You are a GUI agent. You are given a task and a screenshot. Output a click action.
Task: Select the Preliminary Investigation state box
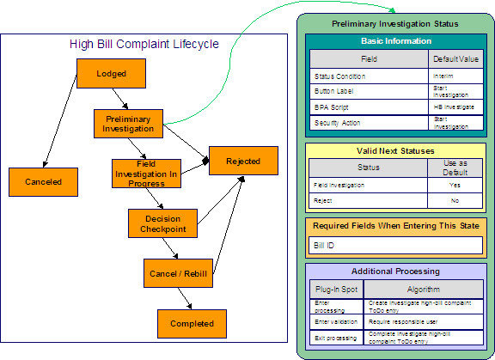pos(127,123)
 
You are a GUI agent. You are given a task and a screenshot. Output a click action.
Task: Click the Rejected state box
pos(243,161)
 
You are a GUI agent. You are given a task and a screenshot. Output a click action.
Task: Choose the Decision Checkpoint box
pos(162,222)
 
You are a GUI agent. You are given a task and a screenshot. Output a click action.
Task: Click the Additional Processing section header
pos(394,271)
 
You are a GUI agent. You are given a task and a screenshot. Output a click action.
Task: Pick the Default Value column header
pos(455,60)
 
